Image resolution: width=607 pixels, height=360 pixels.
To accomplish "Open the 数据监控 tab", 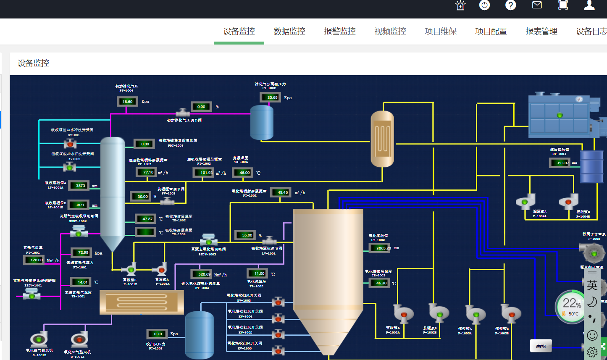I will coord(289,32).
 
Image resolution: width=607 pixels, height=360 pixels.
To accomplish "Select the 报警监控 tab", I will coord(340,32).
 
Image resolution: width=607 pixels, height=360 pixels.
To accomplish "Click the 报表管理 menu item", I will coord(541,32).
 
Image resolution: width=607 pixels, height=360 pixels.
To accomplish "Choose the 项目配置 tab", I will coord(491,32).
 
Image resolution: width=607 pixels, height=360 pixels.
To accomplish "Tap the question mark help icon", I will coord(510,5).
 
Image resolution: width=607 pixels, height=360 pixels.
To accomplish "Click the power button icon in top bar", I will coord(484,5).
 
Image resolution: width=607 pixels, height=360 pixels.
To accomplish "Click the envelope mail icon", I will coord(537,5).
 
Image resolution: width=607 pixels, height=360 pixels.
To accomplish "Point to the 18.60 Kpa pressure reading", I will coord(127,102).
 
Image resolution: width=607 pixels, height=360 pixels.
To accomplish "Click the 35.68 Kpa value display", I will coord(271,97).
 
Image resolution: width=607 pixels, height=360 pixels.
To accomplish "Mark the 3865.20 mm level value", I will coord(380,248).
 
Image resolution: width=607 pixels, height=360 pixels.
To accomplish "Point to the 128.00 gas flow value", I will coord(34,260).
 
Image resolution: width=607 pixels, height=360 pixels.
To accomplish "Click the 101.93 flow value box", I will coord(204,173).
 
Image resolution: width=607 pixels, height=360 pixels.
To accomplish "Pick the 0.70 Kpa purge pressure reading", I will coord(157,334).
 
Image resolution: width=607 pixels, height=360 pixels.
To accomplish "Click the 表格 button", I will coord(541,346).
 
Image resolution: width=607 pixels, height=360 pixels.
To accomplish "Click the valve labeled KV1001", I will coord(70,144).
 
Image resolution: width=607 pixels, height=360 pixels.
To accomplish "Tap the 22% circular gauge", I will coord(571,307).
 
